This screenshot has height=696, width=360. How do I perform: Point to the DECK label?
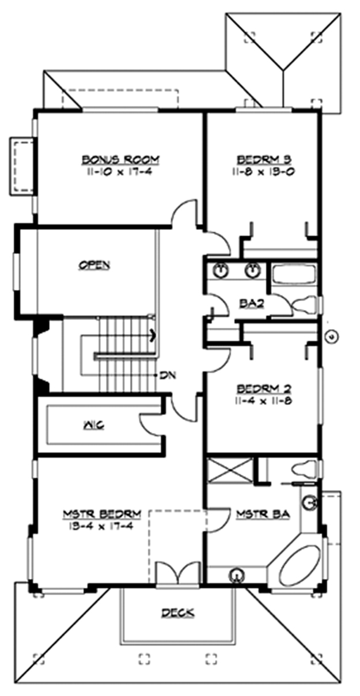pyautogui.click(x=177, y=612)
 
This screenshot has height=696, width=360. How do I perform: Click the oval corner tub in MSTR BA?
pyautogui.click(x=298, y=562)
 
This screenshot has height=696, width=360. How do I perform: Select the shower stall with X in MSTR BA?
pyautogui.click(x=229, y=470)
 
